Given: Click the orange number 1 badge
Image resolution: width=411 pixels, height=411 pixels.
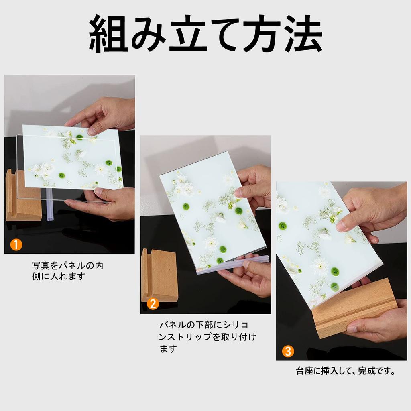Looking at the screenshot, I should (16, 244).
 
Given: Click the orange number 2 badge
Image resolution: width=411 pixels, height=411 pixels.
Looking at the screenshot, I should (153, 304).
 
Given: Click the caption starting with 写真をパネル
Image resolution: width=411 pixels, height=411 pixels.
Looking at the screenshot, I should (67, 271).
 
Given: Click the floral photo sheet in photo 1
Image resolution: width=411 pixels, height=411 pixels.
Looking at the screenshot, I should (72, 157).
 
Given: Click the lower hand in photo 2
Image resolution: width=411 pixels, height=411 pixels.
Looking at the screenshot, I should (249, 277).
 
